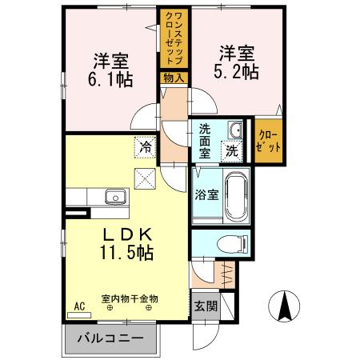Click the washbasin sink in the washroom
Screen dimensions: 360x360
[234, 131]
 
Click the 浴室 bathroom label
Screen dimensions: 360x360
[203, 194]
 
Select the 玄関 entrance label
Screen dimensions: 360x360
[203, 305]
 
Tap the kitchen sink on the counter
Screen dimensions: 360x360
[113, 197]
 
